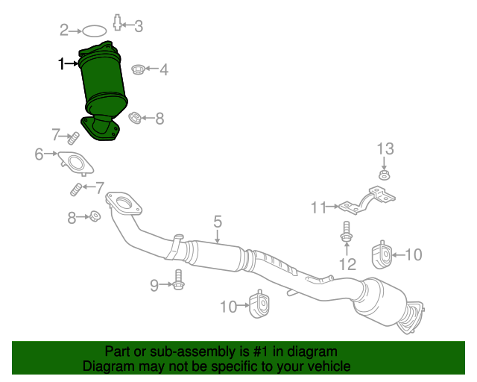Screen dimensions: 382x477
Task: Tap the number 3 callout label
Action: [138, 26]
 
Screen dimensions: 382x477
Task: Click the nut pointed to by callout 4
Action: [138, 70]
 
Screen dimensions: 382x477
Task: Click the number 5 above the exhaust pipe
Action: [218, 221]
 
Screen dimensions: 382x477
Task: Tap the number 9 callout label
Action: [154, 284]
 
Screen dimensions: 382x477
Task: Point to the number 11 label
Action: [319, 207]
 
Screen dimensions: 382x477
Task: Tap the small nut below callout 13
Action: [384, 176]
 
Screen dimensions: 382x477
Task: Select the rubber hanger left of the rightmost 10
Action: [382, 256]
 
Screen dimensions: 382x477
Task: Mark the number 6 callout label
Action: [39, 154]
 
